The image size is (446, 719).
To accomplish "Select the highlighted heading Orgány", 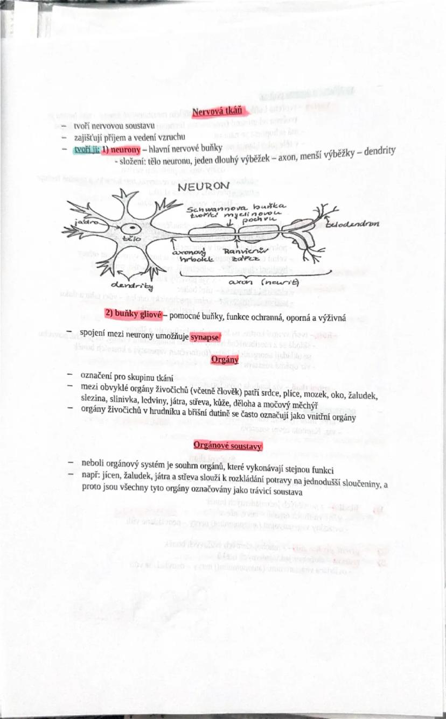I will click(225, 359).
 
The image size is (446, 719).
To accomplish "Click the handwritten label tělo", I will click(132, 237).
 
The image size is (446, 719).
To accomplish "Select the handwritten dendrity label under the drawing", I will click(131, 285).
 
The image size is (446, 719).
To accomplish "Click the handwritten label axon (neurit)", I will click(264, 282).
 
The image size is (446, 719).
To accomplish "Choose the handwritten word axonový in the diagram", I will click(188, 251).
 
